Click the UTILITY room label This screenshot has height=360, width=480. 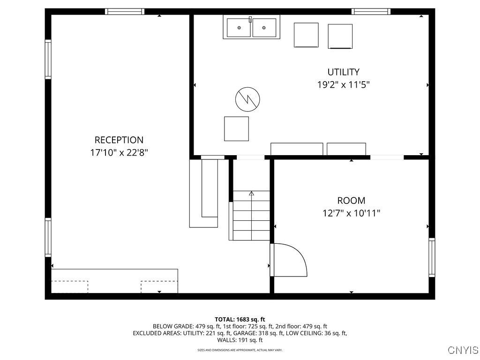(343, 72)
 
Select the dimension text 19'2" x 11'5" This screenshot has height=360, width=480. (343, 85)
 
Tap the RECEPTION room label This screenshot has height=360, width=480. (119, 140)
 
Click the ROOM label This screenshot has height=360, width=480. (351, 201)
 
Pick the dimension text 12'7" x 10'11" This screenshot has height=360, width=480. (351, 213)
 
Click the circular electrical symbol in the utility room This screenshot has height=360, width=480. (247, 99)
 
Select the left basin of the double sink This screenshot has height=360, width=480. (239, 28)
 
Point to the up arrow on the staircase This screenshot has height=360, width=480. (251, 193)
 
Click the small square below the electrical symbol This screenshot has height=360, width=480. (236, 129)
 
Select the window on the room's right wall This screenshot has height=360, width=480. (432, 257)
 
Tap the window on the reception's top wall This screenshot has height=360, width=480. (124, 12)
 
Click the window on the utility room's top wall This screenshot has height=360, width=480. (371, 12)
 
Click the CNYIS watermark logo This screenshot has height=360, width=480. (463, 350)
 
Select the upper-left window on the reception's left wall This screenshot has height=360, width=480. (48, 60)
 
